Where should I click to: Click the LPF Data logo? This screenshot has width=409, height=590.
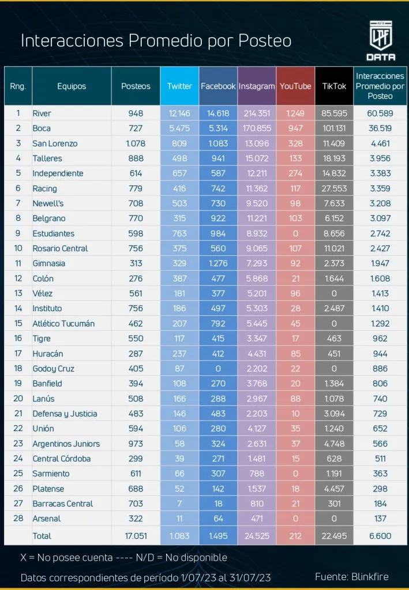click(x=381, y=41)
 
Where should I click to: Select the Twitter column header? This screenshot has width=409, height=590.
click(x=179, y=86)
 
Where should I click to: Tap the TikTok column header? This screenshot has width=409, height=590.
click(x=335, y=86)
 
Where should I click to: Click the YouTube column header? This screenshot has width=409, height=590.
click(x=295, y=86)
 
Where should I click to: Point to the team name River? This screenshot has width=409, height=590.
click(x=42, y=114)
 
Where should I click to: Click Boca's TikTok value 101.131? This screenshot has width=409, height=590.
click(x=335, y=128)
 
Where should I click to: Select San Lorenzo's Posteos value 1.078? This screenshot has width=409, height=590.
click(x=136, y=143)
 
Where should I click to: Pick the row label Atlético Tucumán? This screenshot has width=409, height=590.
click(x=63, y=323)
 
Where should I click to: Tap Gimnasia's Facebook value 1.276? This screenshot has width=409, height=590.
click(x=218, y=263)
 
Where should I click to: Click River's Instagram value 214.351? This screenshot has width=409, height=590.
click(x=257, y=114)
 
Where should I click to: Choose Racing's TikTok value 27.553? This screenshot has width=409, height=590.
click(x=335, y=188)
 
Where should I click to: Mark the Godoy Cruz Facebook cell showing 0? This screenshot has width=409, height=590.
click(x=218, y=368)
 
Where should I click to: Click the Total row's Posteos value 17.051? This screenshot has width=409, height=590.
click(x=136, y=536)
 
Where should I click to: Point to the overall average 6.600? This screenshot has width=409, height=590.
click(x=380, y=536)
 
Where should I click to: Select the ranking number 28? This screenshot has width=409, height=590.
click(x=18, y=518)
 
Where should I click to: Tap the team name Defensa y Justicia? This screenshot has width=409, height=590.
click(x=65, y=413)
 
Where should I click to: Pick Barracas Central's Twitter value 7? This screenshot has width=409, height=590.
click(x=179, y=503)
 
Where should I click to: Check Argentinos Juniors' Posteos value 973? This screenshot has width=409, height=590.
click(x=136, y=443)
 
